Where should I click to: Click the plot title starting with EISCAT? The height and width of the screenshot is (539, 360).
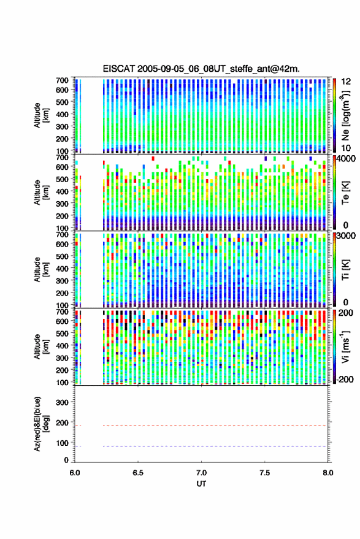(201, 69)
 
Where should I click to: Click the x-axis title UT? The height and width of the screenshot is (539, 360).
(201, 484)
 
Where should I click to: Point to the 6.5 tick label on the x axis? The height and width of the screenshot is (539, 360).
(138, 473)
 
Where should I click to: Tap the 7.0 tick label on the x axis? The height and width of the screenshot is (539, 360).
(201, 473)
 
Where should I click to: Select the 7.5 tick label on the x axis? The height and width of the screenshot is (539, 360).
(264, 473)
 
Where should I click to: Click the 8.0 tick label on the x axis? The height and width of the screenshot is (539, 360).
(327, 473)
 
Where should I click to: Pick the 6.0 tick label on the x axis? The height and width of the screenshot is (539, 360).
(75, 473)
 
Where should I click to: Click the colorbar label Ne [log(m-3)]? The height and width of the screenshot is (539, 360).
(345, 115)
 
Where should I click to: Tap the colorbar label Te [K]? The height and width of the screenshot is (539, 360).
(345, 193)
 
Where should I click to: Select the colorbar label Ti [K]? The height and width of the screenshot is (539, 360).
(345, 270)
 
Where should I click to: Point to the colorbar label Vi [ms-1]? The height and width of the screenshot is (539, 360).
(345, 347)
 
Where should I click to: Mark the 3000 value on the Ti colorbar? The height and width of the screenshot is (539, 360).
(347, 236)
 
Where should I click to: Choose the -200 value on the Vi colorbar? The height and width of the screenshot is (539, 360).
(345, 380)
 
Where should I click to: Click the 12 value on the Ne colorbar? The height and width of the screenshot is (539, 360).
(347, 82)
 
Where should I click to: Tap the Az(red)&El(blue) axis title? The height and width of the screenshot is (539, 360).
(40, 424)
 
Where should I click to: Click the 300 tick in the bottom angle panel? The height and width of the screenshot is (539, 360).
(62, 402)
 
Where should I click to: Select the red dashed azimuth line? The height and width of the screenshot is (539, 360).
(201, 426)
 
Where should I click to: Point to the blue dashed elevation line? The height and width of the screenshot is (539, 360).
(201, 446)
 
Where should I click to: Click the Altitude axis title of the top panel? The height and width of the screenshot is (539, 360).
(41, 115)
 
